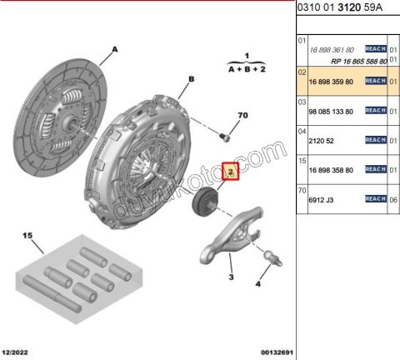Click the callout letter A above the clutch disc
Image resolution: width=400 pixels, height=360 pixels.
click(115, 50)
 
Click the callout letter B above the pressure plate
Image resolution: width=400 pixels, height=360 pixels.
click(192, 79)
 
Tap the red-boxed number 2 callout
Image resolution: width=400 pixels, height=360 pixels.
click(231, 172)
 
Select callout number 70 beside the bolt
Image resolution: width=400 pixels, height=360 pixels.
click(242, 115)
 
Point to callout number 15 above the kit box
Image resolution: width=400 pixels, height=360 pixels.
click(27, 236)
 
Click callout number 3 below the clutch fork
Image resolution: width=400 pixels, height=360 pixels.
click(231, 277)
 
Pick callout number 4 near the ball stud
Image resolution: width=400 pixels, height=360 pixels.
click(258, 284)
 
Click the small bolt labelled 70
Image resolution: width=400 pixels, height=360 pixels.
click(225, 137)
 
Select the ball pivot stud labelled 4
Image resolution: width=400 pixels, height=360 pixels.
click(273, 257)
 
